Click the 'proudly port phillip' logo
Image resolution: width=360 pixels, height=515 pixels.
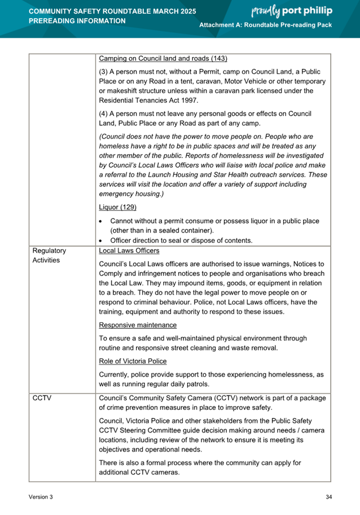click(x=290, y=11)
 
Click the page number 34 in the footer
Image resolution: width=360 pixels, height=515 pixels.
click(x=328, y=497)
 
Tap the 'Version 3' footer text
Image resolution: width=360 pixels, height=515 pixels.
click(x=41, y=497)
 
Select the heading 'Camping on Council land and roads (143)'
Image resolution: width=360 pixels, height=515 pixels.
click(x=163, y=59)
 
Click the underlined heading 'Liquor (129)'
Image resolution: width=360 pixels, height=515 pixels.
click(x=117, y=207)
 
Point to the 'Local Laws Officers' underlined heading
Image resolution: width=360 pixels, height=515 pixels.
click(x=129, y=250)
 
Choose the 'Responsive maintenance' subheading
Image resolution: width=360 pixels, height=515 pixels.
click(x=138, y=325)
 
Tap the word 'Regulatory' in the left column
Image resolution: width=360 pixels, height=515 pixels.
click(x=50, y=250)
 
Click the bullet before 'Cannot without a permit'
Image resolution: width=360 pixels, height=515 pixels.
click(x=101, y=221)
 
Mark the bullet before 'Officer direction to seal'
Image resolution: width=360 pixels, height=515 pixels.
click(x=101, y=241)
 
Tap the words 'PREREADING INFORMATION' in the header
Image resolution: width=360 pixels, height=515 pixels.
click(x=77, y=21)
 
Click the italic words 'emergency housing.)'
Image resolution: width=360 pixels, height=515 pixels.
click(x=131, y=194)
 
